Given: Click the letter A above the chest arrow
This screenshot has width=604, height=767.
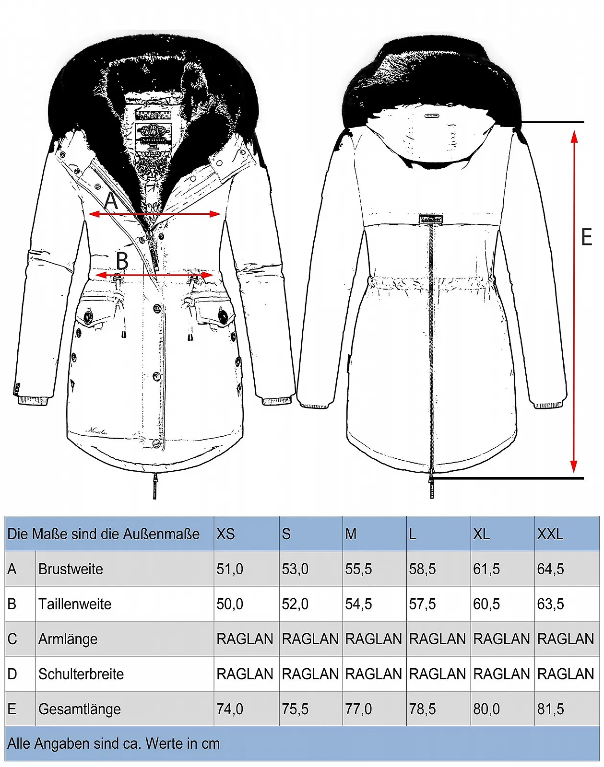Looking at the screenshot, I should [111, 201].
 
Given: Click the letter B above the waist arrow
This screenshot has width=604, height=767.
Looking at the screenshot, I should [122, 261].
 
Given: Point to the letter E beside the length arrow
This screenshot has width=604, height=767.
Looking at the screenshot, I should [586, 237].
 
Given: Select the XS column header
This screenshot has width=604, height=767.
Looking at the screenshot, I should [225, 534].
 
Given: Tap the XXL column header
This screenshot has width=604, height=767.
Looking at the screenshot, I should [550, 534].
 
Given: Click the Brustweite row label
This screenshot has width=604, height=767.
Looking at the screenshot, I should [71, 569].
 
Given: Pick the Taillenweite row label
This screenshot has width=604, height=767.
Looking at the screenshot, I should [75, 604].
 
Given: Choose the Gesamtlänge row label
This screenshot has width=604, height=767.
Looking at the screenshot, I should [80, 709].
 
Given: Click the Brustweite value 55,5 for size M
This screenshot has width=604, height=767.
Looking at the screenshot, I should [358, 569].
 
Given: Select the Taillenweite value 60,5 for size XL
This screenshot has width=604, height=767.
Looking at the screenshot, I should [486, 604].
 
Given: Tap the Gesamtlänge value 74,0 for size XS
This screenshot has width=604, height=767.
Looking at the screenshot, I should [230, 709].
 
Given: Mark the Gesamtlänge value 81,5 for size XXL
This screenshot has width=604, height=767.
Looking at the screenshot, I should [550, 709].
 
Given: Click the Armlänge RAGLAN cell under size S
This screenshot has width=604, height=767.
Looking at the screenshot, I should [310, 639].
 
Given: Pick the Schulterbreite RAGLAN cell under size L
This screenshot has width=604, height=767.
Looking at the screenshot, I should [437, 674].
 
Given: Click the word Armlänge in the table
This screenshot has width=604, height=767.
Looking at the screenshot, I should [68, 639].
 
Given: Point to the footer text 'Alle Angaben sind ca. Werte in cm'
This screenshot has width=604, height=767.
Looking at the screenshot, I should [114, 744].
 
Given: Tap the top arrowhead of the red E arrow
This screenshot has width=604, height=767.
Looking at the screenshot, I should [574, 136].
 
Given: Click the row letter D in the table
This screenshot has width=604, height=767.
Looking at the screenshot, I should [12, 674].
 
